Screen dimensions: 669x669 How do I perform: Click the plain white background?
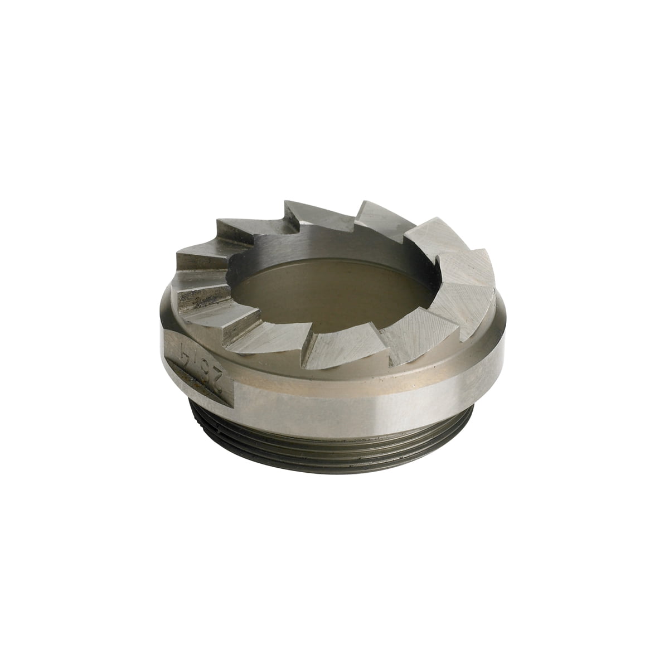[84, 84]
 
